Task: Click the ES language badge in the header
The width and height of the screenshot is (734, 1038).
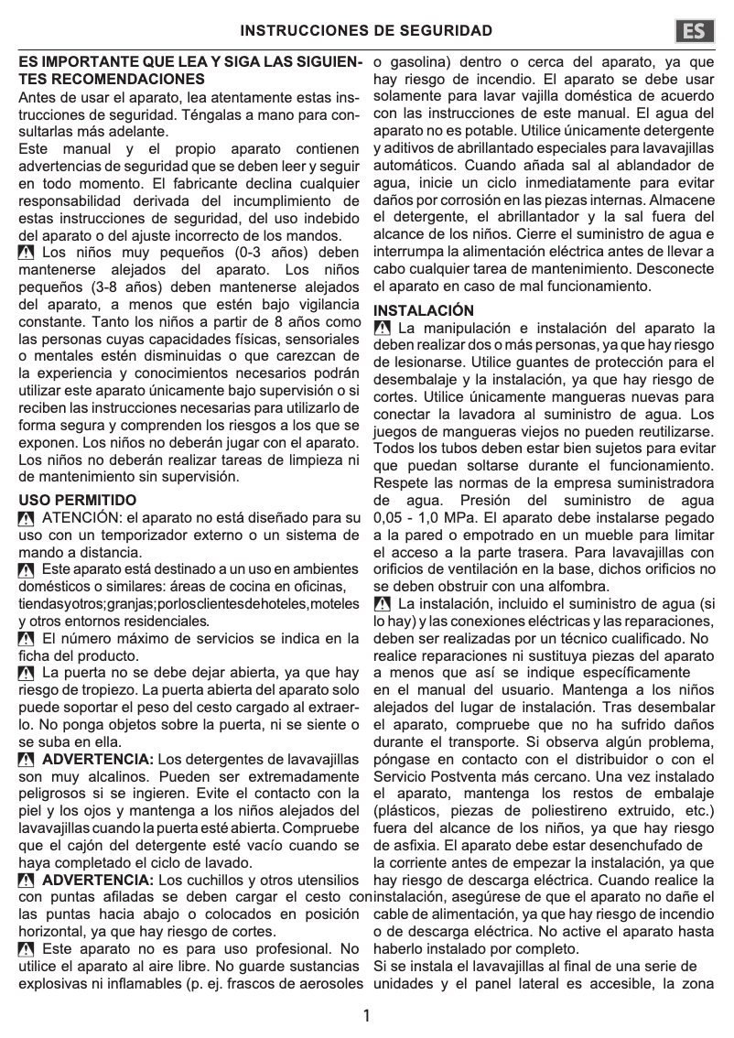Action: [x=695, y=32]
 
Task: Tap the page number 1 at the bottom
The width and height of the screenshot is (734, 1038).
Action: [x=366, y=1015]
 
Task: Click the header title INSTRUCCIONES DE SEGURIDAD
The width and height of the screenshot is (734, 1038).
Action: [x=366, y=32]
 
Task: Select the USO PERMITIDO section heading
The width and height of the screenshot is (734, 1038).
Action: [x=77, y=500]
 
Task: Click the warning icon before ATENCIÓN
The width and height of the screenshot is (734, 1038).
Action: [x=27, y=519]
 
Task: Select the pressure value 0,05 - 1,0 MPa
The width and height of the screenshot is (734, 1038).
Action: [x=424, y=518]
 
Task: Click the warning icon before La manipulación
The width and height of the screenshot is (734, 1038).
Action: [x=383, y=329]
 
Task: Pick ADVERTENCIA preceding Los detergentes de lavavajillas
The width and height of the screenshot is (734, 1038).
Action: [x=98, y=759]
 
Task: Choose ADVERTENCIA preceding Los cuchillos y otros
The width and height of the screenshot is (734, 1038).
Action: [x=98, y=880]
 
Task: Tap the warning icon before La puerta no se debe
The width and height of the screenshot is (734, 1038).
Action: [x=27, y=673]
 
